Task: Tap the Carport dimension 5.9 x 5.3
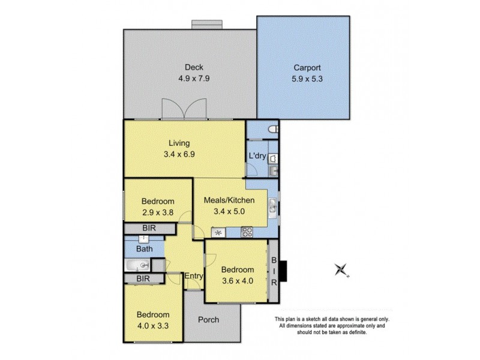pos(304,78)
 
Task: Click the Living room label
pos(179,143)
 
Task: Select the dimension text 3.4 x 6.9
pos(179,154)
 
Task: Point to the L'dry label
pos(256,157)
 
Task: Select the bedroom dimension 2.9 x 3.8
pos(158,211)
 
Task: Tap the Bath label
pos(143,248)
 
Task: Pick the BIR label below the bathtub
pos(143,278)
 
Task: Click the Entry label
pos(193,276)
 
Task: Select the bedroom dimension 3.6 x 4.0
pos(237,280)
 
